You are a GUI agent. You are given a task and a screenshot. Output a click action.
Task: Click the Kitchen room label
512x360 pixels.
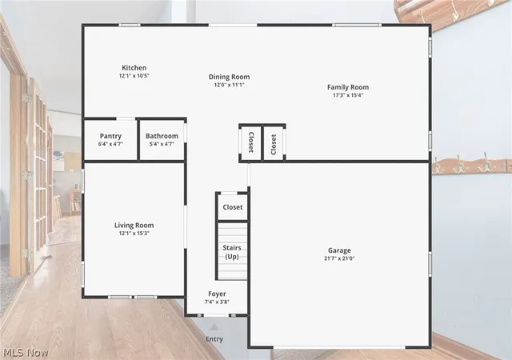(134, 68)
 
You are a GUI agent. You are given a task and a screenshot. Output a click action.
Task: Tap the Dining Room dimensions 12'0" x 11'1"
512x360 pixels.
(230, 85)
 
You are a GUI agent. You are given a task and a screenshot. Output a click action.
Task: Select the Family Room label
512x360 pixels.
(348, 87)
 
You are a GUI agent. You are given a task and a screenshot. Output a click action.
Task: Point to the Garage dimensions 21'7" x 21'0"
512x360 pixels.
(339, 258)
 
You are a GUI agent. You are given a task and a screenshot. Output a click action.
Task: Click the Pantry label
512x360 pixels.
(110, 136)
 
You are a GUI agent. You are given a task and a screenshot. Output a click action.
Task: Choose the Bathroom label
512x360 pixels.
(162, 136)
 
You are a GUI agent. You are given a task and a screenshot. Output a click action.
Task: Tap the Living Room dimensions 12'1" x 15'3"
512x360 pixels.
(134, 234)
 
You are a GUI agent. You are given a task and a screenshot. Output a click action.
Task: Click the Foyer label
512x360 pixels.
(217, 294)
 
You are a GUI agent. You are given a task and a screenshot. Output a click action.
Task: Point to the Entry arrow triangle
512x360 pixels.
(214, 327)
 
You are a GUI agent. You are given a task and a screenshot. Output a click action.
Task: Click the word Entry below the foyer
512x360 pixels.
(214, 339)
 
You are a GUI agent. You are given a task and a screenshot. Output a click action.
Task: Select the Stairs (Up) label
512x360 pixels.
(232, 252)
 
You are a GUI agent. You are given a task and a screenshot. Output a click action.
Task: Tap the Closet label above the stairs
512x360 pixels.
(233, 207)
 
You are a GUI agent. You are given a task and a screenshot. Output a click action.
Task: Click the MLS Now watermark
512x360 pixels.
(26, 353)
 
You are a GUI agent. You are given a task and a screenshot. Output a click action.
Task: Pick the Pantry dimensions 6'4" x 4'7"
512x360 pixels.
(110, 144)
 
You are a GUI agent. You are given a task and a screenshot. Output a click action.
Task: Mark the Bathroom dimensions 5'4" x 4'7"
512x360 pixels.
(162, 144)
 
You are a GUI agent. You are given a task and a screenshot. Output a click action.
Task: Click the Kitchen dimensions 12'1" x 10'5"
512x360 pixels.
(134, 76)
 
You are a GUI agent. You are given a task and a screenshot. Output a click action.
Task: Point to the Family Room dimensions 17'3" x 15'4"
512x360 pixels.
(348, 95)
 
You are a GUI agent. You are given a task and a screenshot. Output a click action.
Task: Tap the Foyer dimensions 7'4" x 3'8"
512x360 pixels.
(217, 302)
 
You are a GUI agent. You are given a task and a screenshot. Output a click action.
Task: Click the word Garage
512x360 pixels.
(339, 250)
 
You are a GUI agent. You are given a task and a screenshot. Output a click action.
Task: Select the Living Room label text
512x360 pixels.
(134, 225)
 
